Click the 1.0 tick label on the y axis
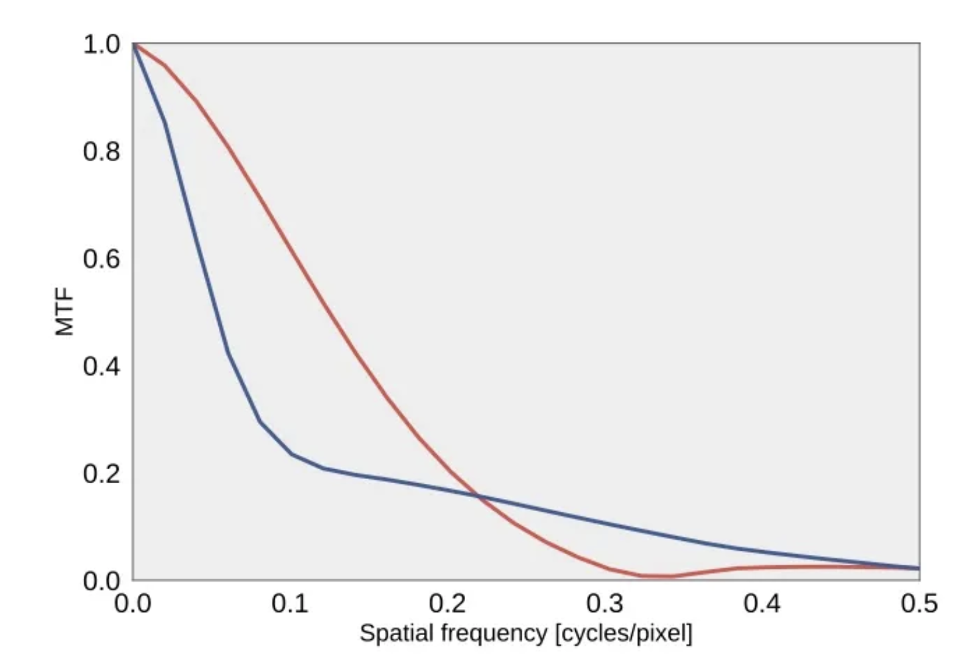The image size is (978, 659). tap(102, 44)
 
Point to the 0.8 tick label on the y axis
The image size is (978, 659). tap(102, 152)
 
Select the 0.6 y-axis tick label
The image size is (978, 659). tap(102, 259)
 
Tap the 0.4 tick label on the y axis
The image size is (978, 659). tap(102, 366)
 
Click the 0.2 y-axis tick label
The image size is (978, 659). tap(102, 474)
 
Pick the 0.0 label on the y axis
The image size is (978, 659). tap(102, 581)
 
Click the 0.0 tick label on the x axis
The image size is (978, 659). tap(133, 604)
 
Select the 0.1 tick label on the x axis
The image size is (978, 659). tap(290, 604)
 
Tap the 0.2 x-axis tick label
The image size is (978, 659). tap(447, 604)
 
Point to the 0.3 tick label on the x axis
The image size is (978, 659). tap(604, 604)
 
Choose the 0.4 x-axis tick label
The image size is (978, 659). tap(762, 604)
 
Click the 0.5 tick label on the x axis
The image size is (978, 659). tap(919, 604)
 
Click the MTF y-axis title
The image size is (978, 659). tap(64, 312)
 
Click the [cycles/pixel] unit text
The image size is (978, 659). tap(623, 633)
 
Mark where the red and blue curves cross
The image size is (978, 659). tap(478, 496)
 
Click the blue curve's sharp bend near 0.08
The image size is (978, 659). tap(259, 421)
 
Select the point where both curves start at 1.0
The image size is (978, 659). tap(133, 44)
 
